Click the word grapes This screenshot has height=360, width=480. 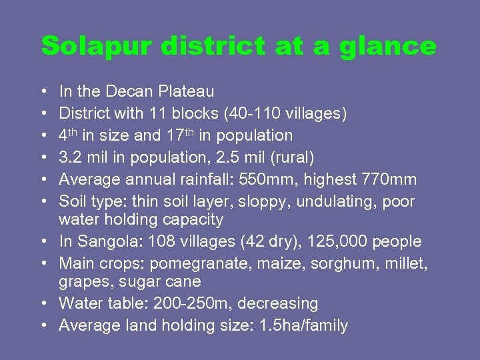pyautogui.click(x=83, y=281)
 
